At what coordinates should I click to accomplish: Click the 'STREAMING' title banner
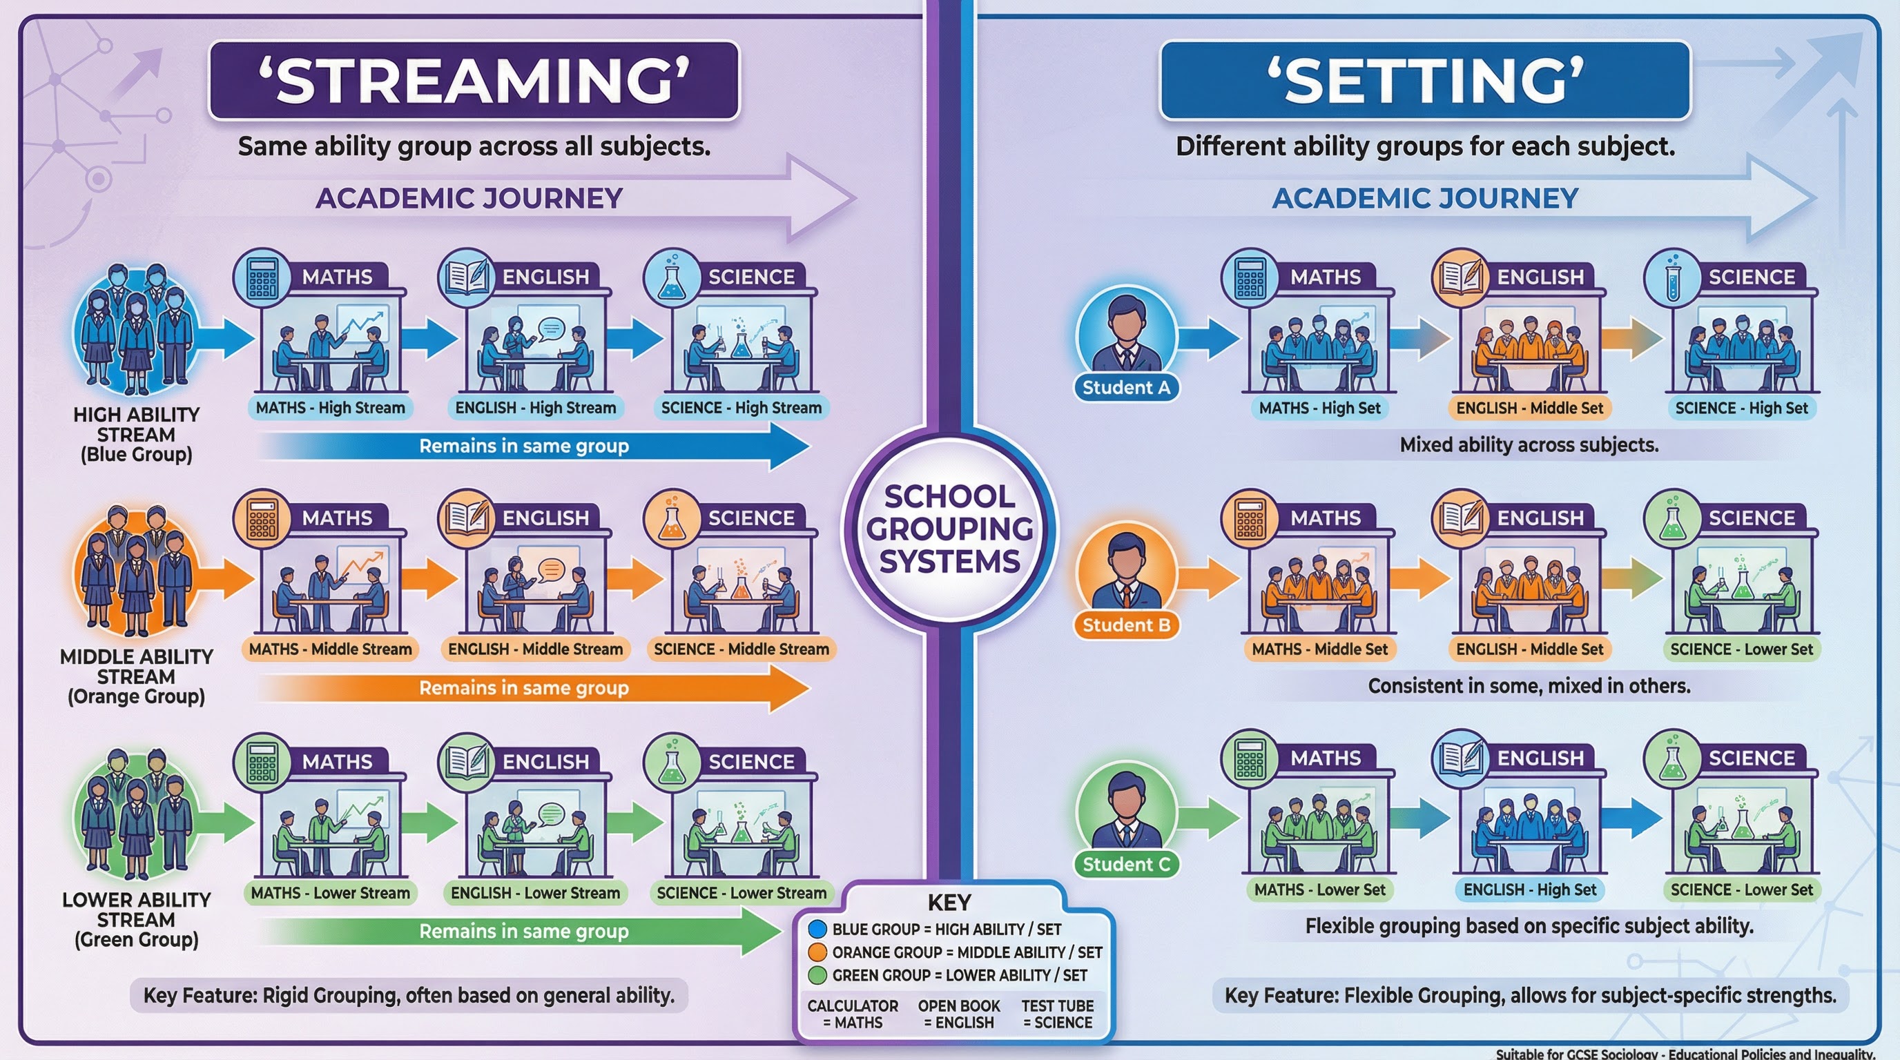[x=474, y=79]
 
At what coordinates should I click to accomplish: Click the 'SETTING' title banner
[x=1425, y=79]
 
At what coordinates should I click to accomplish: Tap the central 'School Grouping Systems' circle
[x=949, y=529]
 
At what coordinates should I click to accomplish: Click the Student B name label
[x=1126, y=625]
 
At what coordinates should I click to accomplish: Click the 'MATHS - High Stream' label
[x=331, y=408]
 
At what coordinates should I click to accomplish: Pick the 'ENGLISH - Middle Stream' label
[x=536, y=649]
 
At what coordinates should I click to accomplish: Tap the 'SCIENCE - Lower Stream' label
[x=741, y=893]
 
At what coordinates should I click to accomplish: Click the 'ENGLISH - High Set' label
[x=1530, y=890]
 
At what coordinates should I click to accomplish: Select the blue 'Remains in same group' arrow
[x=531, y=446]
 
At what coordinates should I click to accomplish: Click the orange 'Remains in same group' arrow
[x=531, y=688]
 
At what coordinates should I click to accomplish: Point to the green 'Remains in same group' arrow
[x=524, y=931]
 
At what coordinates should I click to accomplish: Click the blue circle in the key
[x=817, y=929]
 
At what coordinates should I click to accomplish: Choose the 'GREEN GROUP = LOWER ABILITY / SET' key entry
[x=959, y=975]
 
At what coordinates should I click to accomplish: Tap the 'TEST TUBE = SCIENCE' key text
[x=1058, y=1014]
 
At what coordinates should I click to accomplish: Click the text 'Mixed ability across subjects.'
[x=1529, y=445]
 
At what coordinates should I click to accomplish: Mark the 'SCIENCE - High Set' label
[x=1741, y=408]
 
